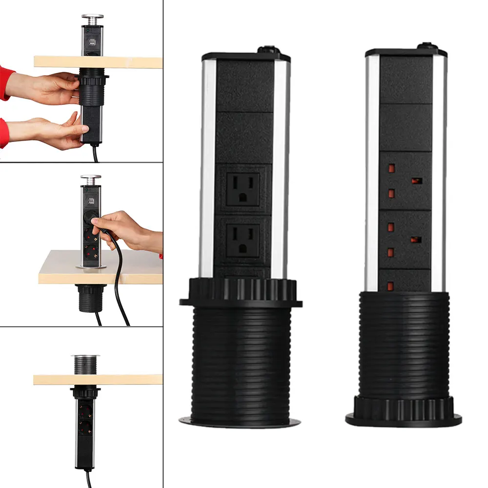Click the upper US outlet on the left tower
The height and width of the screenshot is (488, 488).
(x=243, y=188)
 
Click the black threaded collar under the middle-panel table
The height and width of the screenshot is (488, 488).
(x=90, y=298)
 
